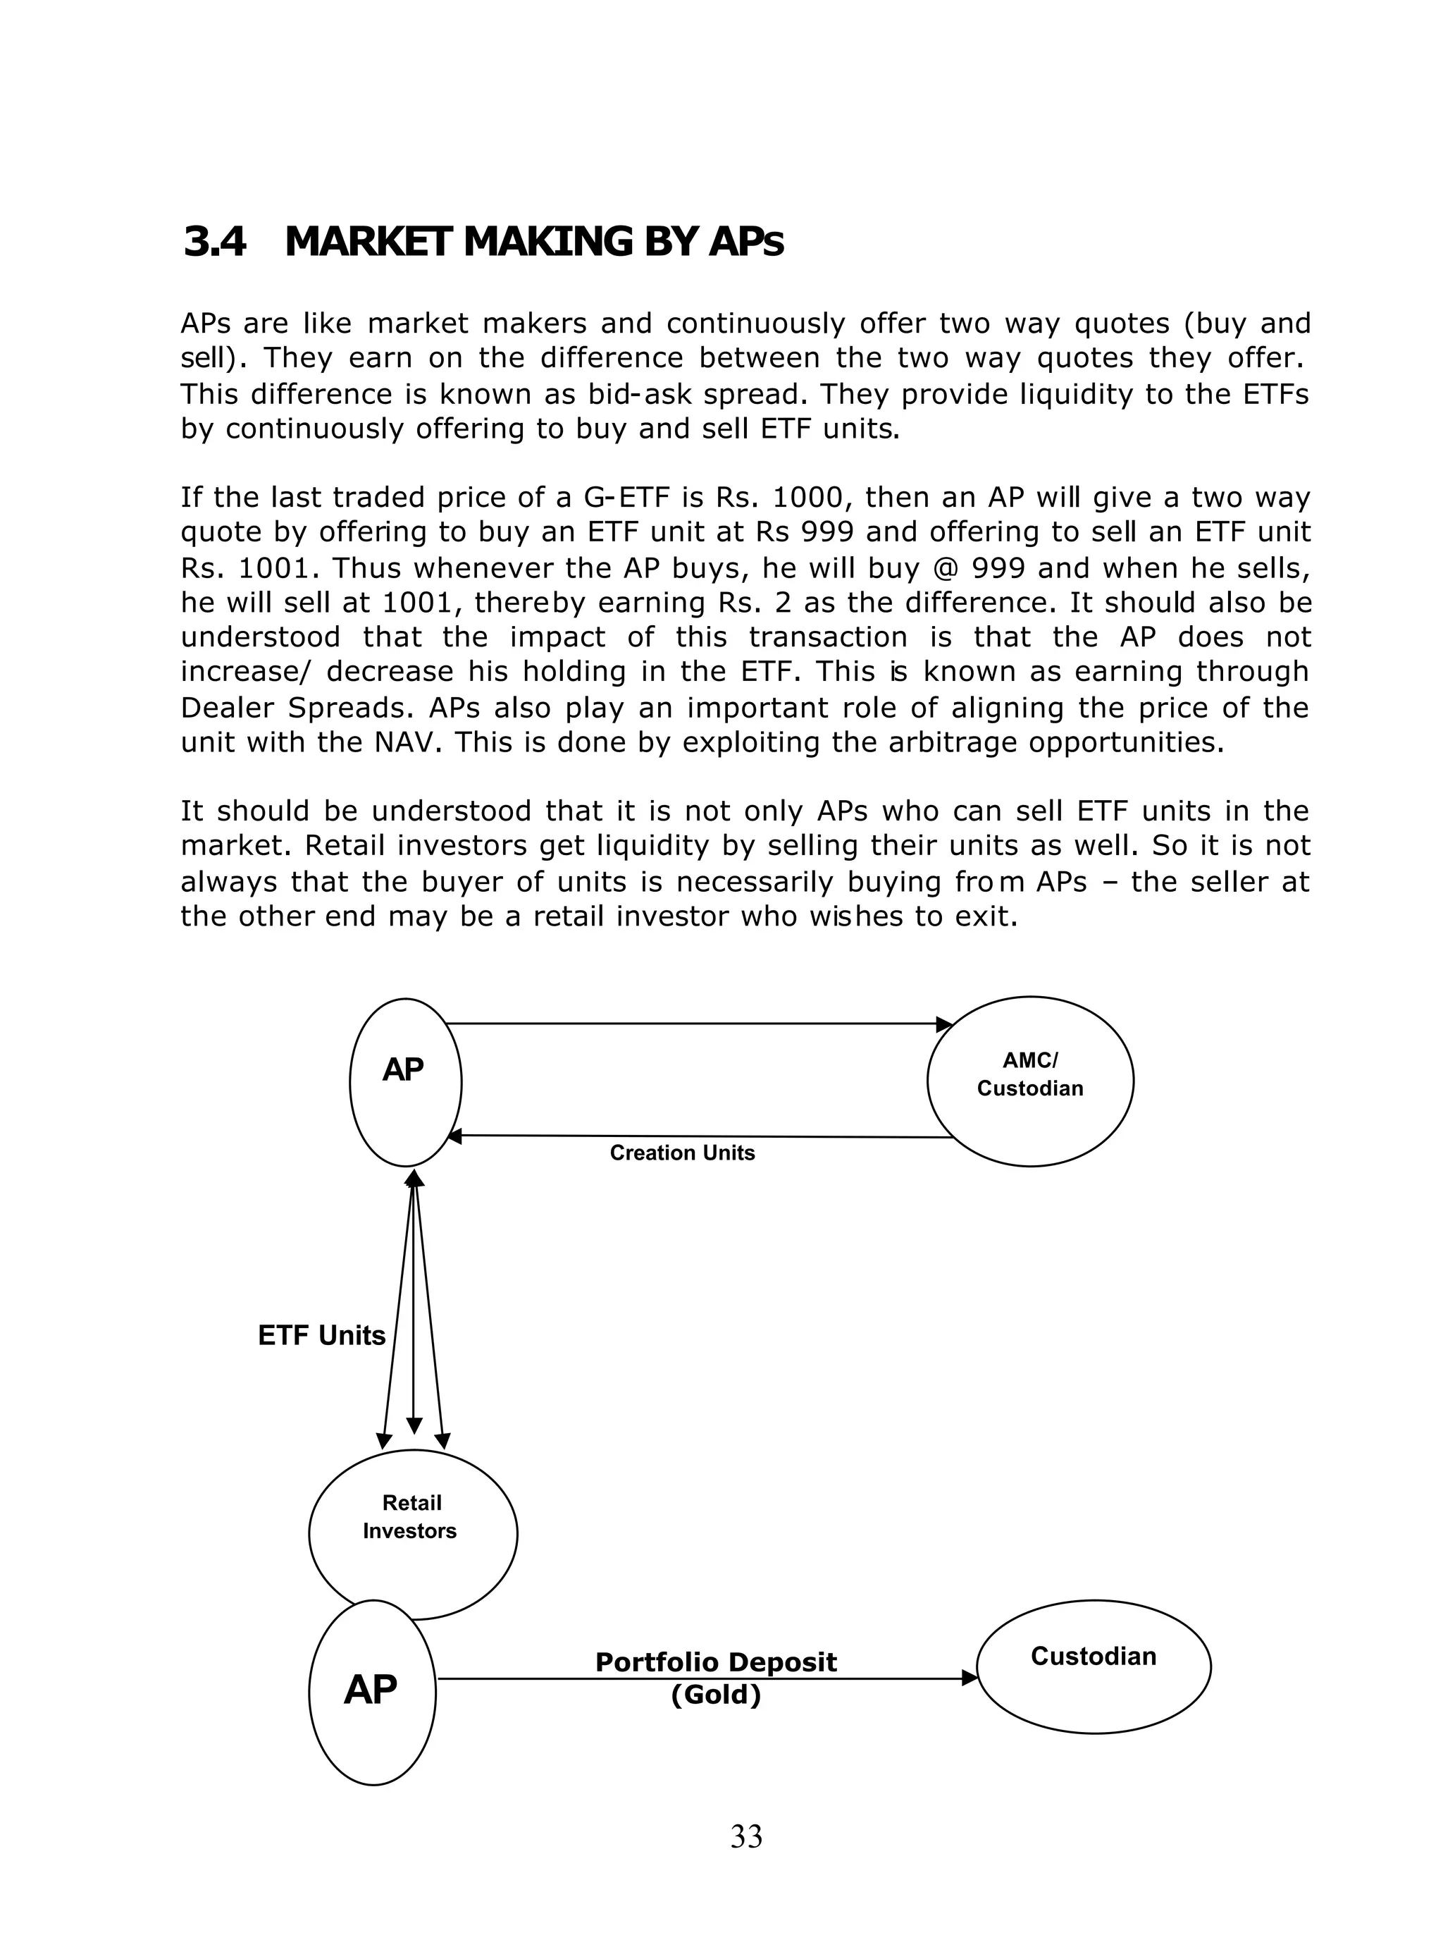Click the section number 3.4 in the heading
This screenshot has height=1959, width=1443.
click(215, 242)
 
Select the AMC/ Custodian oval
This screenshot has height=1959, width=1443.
click(1030, 1081)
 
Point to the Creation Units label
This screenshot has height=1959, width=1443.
click(682, 1153)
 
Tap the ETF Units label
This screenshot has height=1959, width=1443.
click(321, 1335)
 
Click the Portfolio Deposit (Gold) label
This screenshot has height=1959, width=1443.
click(715, 1678)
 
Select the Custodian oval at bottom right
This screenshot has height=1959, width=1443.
click(1093, 1666)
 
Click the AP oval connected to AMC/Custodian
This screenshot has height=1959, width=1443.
click(405, 1082)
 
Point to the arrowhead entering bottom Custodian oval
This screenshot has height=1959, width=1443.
click(970, 1678)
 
